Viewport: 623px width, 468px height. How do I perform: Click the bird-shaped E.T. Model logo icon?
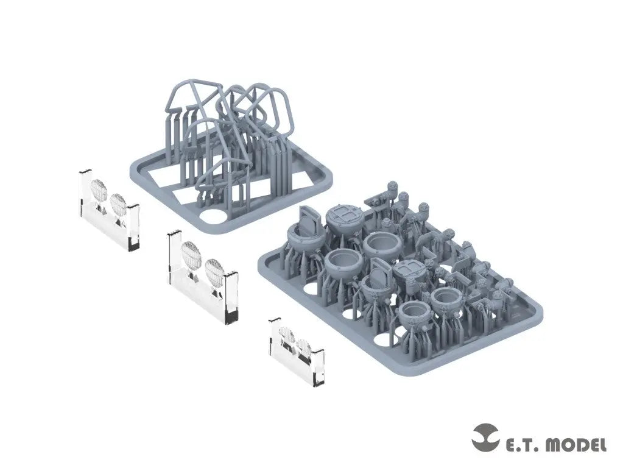coord(486,438)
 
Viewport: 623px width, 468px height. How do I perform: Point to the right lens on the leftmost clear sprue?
coord(118,204)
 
